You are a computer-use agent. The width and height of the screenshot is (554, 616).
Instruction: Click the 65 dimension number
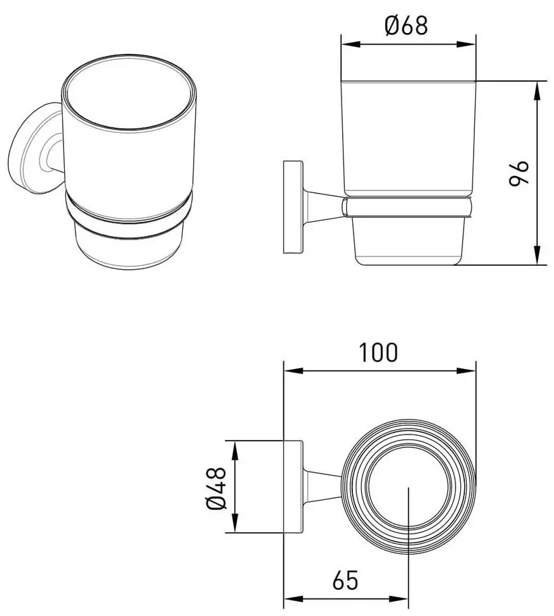(344, 579)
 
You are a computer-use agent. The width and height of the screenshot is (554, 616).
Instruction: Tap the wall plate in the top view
(293, 486)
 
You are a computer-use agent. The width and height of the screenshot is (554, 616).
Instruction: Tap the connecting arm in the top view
(324, 486)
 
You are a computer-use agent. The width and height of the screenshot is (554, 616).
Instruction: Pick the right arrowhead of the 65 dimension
(404, 598)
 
